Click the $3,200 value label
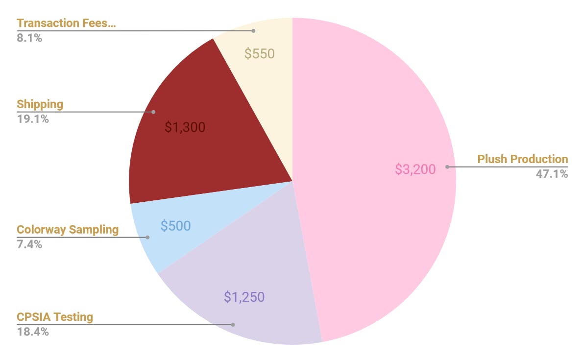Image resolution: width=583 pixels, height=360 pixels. click(x=415, y=169)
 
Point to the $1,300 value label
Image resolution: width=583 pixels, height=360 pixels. click(x=185, y=127)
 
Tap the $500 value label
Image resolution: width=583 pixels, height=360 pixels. click(x=175, y=226)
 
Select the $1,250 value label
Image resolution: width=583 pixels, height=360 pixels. click(x=244, y=297)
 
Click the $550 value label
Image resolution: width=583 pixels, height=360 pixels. click(x=259, y=54)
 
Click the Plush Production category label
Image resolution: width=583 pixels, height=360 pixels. click(x=522, y=159)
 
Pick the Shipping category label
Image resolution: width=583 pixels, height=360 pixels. click(x=40, y=104)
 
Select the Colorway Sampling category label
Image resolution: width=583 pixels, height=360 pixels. click(x=68, y=230)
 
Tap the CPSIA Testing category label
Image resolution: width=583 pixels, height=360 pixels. click(x=55, y=317)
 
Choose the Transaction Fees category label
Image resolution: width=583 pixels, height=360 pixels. click(x=66, y=23)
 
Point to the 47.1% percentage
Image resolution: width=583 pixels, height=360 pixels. click(x=552, y=174)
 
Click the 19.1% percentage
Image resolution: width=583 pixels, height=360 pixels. click(x=33, y=119)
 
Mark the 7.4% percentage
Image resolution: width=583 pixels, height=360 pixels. click(x=29, y=244)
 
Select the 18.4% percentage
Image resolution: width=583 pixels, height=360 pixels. click(x=33, y=332)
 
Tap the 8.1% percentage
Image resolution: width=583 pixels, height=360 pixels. click(x=29, y=38)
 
